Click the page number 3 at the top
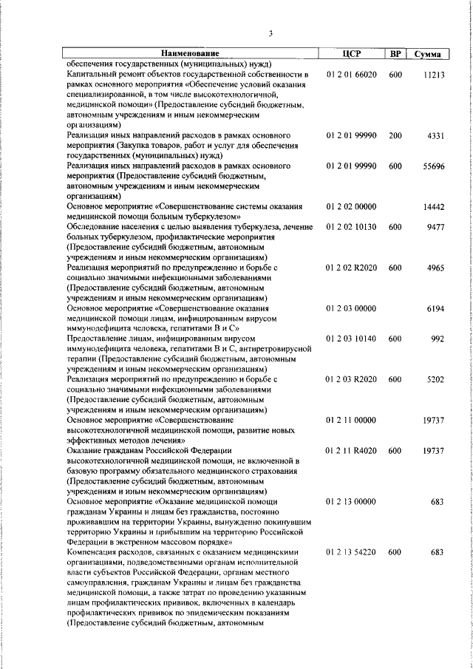click(x=270, y=33)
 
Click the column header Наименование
click(x=191, y=54)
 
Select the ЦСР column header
click(x=351, y=54)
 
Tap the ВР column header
click(x=395, y=54)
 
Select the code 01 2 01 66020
click(x=351, y=75)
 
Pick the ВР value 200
click(x=395, y=136)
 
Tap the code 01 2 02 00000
click(x=351, y=208)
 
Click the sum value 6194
click(x=435, y=309)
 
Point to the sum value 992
click(x=438, y=339)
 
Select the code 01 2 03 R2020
click(x=351, y=380)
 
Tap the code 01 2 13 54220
click(x=351, y=551)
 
